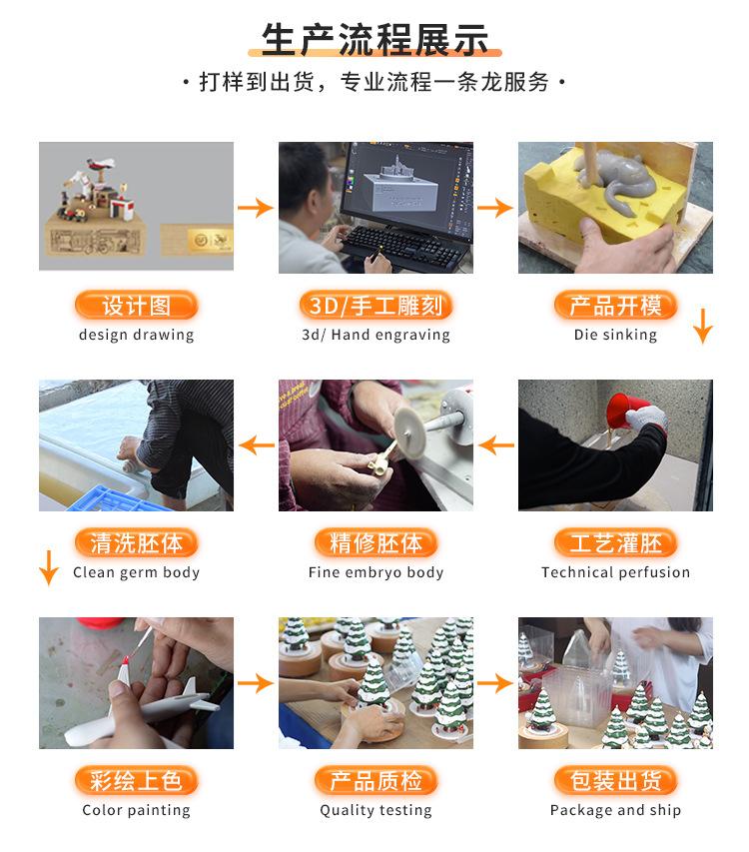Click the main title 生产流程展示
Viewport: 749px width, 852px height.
374,41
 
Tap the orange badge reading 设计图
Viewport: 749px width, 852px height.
136,306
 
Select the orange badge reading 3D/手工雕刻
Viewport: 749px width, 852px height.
375,306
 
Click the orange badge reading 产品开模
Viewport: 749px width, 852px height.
615,306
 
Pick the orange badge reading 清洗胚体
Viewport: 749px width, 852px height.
136,543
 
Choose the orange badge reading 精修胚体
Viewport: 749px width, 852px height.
375,543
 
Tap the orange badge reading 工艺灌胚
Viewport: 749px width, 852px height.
615,543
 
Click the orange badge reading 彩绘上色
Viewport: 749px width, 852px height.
136,781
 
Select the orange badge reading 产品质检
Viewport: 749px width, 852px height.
375,781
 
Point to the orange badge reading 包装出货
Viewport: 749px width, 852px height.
615,781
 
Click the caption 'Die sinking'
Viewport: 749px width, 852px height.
615,335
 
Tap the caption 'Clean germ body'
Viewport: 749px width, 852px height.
136,572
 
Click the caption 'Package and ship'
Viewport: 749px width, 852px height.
615,810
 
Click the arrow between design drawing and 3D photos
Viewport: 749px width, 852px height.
256,208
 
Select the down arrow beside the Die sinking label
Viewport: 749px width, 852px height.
703,326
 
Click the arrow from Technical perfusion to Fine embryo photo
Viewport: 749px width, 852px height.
496,444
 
